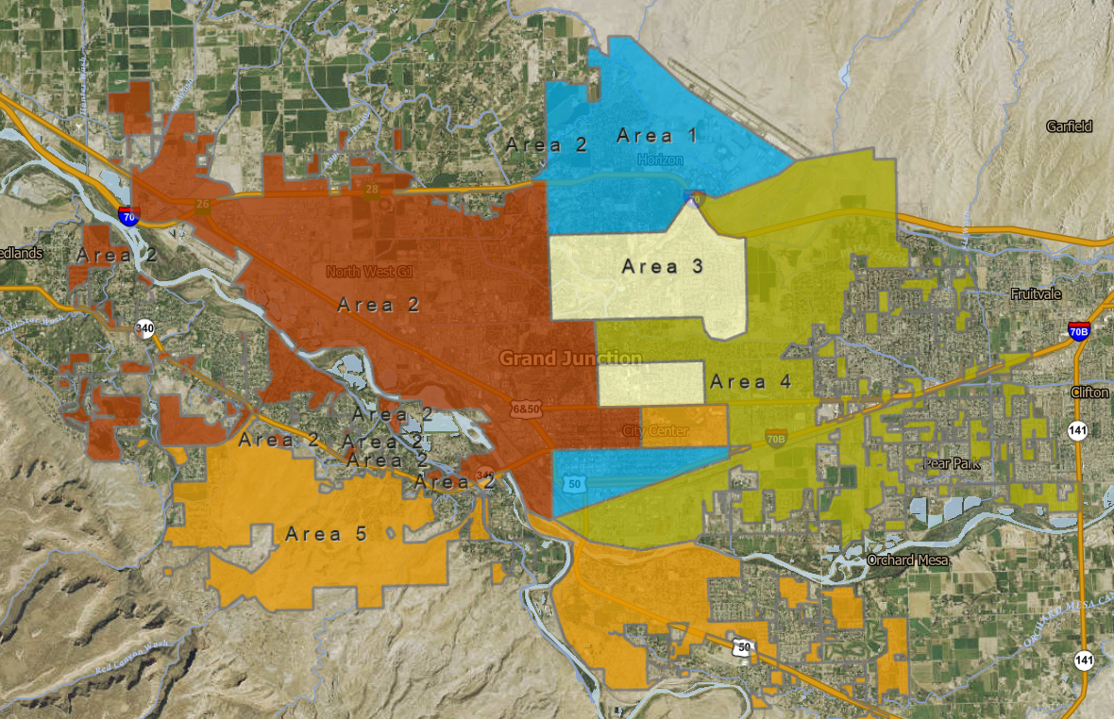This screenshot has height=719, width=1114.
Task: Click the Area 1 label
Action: tap(657, 136)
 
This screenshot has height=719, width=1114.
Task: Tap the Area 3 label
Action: tap(663, 266)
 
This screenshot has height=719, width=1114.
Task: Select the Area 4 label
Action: tap(751, 382)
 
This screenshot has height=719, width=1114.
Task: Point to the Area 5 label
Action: tap(326, 534)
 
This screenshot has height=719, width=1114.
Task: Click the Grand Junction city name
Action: tap(570, 359)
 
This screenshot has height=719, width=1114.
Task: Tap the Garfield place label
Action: tap(1069, 126)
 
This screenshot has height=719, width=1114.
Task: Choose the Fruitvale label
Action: tap(1036, 294)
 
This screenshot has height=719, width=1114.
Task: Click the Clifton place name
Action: tap(1089, 393)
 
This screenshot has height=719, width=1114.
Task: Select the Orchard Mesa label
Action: tap(905, 560)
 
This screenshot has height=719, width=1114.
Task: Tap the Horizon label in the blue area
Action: tap(659, 159)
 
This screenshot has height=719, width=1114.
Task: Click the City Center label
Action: tap(655, 431)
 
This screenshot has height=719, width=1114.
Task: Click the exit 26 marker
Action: tap(202, 204)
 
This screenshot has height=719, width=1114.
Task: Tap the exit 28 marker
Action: tap(372, 191)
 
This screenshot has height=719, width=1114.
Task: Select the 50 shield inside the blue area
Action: tap(575, 484)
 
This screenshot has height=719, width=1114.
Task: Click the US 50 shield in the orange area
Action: tap(746, 648)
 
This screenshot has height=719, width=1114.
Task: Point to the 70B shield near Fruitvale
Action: tap(1079, 330)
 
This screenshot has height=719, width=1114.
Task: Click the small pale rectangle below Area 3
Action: tap(651, 383)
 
